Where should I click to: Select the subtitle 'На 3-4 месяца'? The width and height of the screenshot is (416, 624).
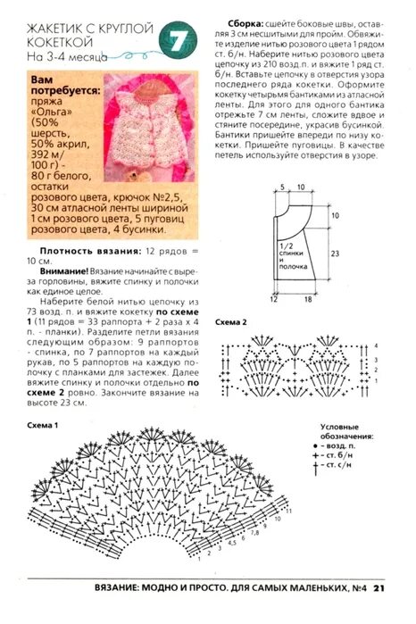(67, 55)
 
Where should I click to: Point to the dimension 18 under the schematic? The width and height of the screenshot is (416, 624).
(307, 301)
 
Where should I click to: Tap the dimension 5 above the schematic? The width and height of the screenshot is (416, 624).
(281, 187)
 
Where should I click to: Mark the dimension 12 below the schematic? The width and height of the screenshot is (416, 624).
(276, 301)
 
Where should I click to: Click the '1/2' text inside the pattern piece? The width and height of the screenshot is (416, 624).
(286, 245)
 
